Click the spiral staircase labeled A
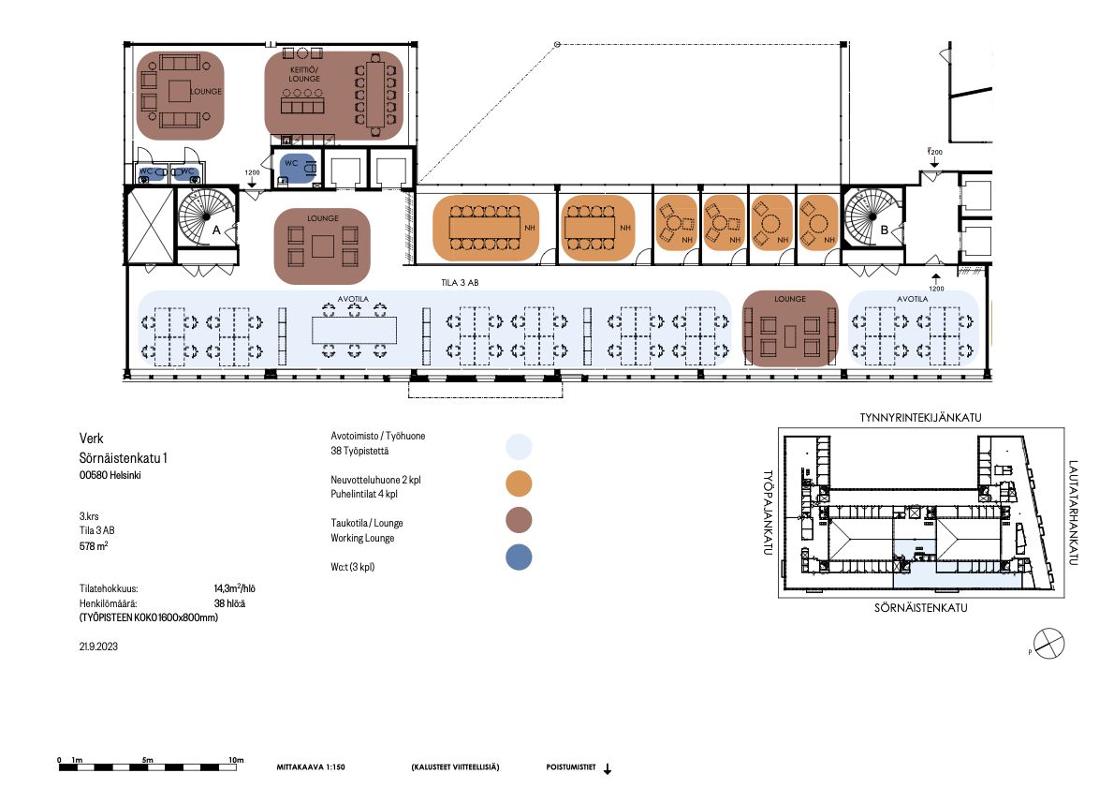(207, 216)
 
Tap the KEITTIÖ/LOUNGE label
(304, 74)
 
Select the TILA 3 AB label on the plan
(460, 282)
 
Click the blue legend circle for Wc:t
(519, 557)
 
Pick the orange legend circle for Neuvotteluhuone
(519, 483)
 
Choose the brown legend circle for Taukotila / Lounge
(519, 520)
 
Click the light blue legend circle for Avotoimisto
(519, 447)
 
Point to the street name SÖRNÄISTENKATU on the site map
(921, 608)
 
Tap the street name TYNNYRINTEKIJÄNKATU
(921, 418)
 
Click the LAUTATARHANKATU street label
(1073, 513)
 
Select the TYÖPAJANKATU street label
(768, 512)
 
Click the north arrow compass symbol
(1049, 644)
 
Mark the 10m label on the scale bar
(236, 760)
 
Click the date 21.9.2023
(98, 647)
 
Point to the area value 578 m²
(94, 546)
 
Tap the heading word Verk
(92, 439)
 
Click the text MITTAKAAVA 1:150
(311, 767)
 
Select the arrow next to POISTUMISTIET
(608, 769)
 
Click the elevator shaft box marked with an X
(149, 225)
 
